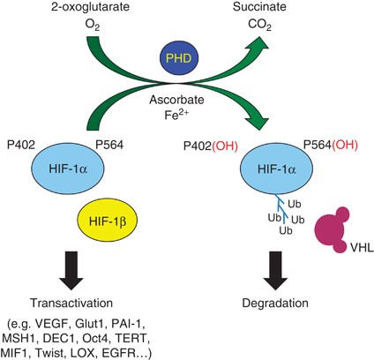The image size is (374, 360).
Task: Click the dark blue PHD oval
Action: tap(178, 58)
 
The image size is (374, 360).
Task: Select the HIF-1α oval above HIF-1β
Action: tap(68, 169)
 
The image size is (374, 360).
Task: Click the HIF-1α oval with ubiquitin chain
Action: tap(277, 169)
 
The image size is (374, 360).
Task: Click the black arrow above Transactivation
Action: tap(71, 271)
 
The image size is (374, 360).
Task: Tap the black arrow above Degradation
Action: tap(275, 271)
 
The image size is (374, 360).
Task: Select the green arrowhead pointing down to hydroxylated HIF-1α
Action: tap(258, 121)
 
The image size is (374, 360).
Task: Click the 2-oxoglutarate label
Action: tap(90, 7)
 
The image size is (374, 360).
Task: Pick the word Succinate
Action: tap(259, 7)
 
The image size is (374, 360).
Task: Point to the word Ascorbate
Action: tap(176, 100)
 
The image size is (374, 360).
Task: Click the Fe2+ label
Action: tap(176, 115)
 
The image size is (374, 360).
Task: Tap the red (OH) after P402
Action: tap(225, 146)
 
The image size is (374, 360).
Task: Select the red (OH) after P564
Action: tap(345, 145)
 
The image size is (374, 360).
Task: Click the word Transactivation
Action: tap(71, 303)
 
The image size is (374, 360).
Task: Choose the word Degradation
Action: tap(275, 303)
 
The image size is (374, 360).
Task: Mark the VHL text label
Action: tap(363, 248)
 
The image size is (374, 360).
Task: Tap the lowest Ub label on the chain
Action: tap(286, 230)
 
